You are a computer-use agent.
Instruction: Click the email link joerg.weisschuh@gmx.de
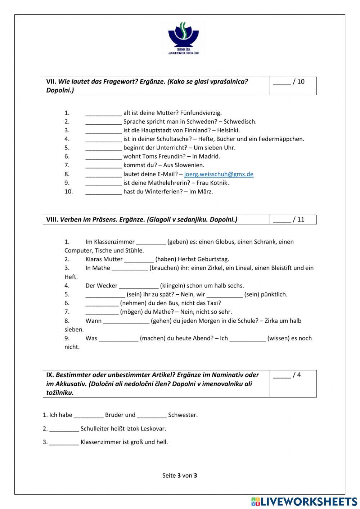(219, 174)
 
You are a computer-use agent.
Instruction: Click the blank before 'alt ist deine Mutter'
(103, 113)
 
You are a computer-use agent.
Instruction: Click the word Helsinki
(229, 130)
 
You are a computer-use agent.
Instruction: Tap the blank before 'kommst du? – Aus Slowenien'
(103, 165)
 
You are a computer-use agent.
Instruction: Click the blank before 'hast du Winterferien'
(103, 192)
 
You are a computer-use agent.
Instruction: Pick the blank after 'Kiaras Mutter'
(139, 259)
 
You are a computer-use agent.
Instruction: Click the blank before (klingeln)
(139, 286)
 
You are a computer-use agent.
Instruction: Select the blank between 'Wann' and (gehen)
(126, 321)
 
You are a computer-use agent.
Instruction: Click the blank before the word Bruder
(89, 415)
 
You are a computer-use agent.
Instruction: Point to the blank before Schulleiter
(64, 429)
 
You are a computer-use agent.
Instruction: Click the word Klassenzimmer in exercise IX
(99, 442)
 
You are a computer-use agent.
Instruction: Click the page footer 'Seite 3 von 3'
(180, 475)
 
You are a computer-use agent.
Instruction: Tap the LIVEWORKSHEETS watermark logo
(304, 501)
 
